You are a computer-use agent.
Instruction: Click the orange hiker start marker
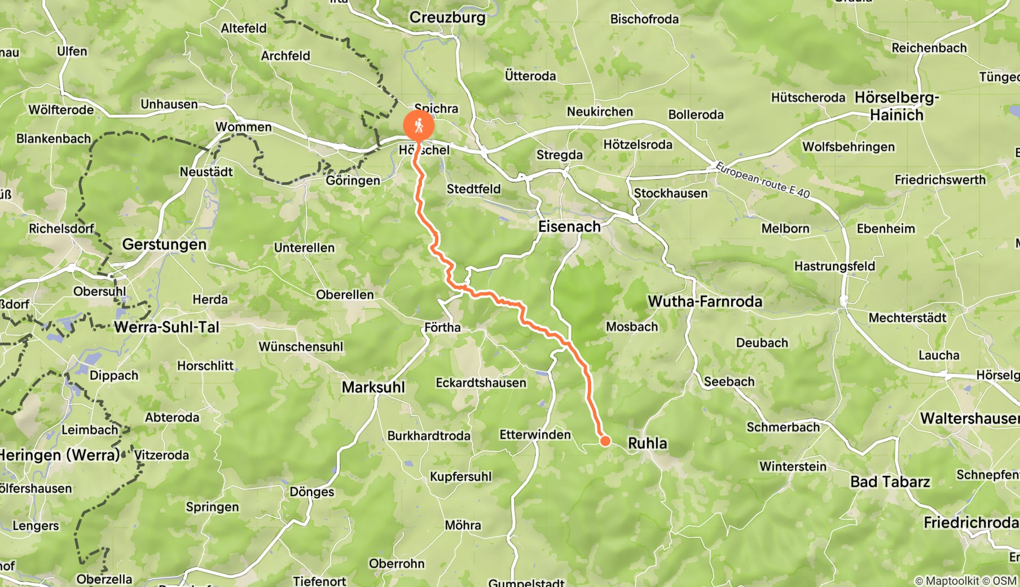point(419,126)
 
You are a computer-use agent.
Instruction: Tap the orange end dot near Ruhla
point(605,441)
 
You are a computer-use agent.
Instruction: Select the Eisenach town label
point(569,227)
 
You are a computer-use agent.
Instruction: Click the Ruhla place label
point(647,443)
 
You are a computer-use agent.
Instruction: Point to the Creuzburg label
point(447,17)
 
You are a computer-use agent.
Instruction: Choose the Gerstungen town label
point(164,244)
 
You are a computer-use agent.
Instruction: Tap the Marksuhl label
point(373,387)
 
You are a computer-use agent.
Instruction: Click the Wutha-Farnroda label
point(705,301)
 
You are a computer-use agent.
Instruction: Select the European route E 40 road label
point(763,180)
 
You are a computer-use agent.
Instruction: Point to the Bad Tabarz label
point(890,482)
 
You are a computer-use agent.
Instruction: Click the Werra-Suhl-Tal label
point(166,327)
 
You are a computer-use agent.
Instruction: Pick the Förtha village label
point(442,327)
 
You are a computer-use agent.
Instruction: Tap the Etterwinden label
point(535,435)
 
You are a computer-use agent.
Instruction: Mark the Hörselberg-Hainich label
point(896,106)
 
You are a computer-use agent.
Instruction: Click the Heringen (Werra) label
point(59,455)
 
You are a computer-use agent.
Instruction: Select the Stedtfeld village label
point(473,189)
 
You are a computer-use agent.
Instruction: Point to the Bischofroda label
point(644,19)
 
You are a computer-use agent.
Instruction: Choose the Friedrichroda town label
point(970,523)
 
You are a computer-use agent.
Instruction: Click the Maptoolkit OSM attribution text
point(965,581)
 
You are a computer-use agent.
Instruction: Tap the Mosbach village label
point(632,327)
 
